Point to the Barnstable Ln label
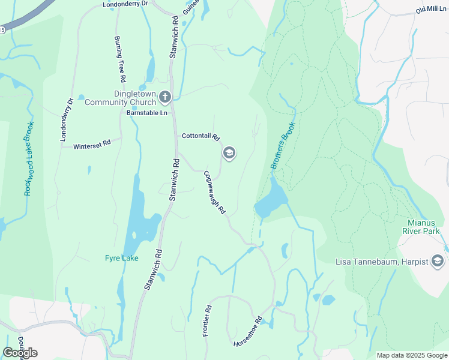coord(146,112)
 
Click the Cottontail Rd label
coord(201,136)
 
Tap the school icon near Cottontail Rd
coord(229,153)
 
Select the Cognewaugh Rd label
coord(214,193)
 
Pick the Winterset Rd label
coord(92,144)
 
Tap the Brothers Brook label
coord(283,146)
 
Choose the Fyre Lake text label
coord(122,258)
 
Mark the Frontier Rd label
coord(206,321)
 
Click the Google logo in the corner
coord(20,352)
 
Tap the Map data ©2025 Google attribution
coord(411,355)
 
